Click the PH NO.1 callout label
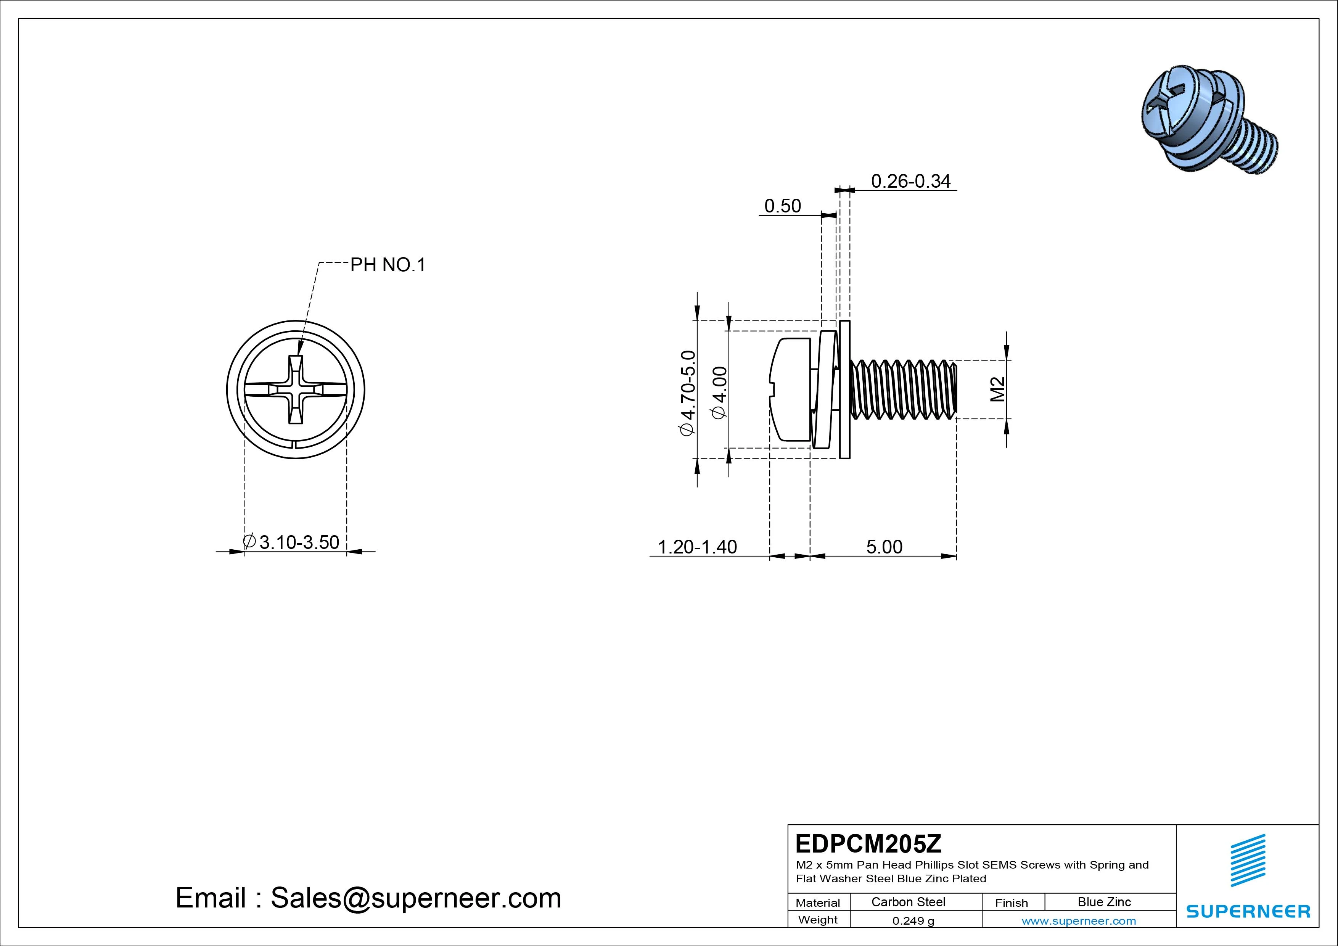388,265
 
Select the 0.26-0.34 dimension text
910,181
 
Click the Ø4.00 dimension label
720,392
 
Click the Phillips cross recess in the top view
296,389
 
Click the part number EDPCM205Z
868,843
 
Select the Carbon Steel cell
908,902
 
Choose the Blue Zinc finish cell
1104,902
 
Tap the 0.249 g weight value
913,921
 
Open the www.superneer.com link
1078,921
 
